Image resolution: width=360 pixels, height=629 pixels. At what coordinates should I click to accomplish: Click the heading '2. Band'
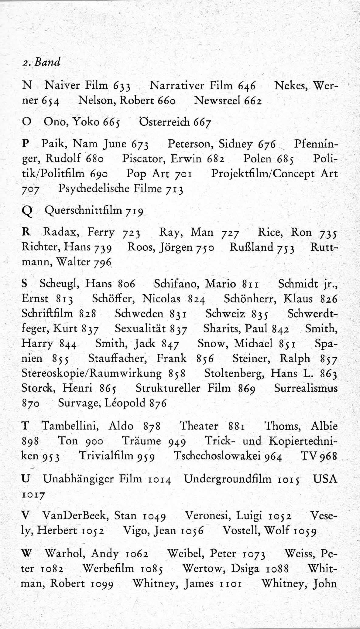(x=41, y=62)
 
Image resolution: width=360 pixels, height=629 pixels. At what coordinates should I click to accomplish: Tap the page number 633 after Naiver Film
(x=122, y=86)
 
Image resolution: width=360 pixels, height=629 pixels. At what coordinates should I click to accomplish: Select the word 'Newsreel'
(x=218, y=100)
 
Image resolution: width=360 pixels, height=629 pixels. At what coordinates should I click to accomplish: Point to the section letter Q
(x=27, y=211)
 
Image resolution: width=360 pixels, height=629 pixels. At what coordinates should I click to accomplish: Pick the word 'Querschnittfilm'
(x=83, y=210)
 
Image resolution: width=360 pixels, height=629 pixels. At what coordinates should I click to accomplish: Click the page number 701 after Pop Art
(x=183, y=174)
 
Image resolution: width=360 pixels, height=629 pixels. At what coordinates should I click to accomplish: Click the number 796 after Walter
(x=103, y=262)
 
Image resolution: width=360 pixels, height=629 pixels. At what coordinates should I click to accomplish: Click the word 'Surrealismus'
(x=306, y=388)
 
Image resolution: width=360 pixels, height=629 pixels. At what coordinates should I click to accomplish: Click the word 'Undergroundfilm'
(x=228, y=479)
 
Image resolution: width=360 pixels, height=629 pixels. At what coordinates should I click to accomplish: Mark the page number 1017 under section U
(x=33, y=495)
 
